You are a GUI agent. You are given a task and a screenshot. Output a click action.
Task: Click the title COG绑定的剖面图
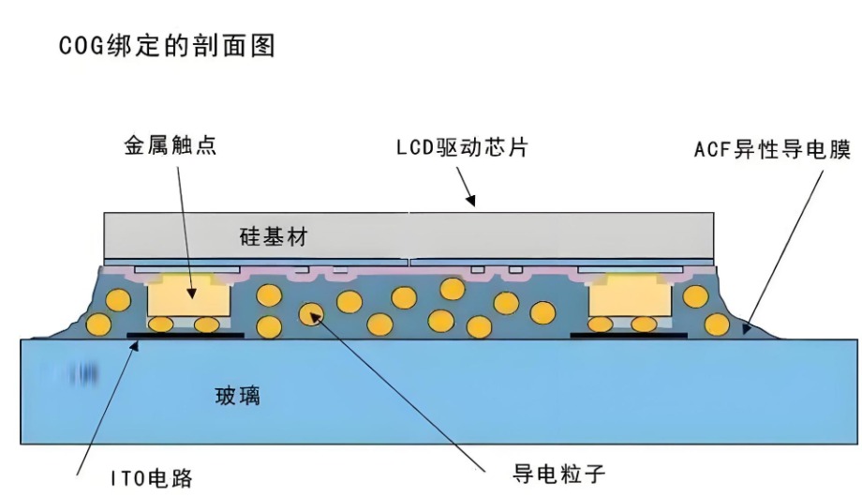click(x=167, y=46)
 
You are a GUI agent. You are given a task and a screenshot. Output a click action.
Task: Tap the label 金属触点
click(x=171, y=145)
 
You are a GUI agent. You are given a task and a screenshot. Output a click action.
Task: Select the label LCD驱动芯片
click(x=462, y=147)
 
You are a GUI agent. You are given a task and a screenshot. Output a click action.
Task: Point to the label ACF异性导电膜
click(x=772, y=149)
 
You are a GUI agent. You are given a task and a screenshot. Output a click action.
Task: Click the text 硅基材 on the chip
click(x=274, y=236)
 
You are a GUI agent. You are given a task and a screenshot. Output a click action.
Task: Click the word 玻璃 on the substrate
click(x=237, y=396)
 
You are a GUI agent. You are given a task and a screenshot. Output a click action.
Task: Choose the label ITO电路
click(x=152, y=477)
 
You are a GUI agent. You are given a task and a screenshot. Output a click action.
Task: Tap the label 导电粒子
click(x=558, y=474)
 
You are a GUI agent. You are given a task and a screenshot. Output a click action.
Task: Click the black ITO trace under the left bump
click(x=186, y=335)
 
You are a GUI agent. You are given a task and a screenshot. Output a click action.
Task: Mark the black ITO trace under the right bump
click(x=629, y=335)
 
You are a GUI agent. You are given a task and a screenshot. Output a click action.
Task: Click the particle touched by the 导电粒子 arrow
click(x=311, y=313)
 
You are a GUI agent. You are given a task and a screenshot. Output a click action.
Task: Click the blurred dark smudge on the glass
click(x=82, y=374)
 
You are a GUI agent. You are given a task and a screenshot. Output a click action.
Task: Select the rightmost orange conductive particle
click(x=717, y=324)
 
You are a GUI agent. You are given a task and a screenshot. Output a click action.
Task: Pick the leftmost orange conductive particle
click(x=98, y=324)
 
